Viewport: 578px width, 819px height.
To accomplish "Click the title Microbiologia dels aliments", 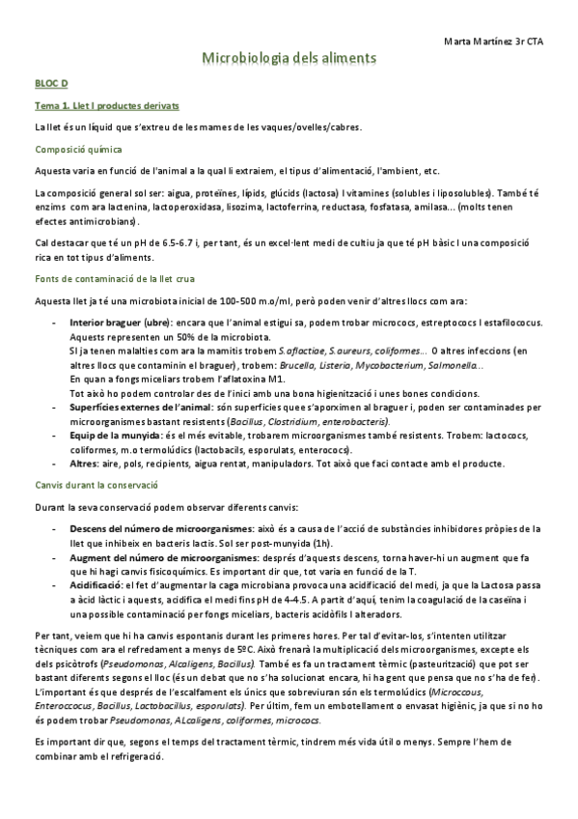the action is (x=289, y=60).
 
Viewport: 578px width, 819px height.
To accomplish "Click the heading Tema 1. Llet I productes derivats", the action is (x=106, y=105).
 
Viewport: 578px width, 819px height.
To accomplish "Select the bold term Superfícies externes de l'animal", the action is (x=134, y=408).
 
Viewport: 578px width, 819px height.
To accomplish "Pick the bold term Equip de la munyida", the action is (x=110, y=437).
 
